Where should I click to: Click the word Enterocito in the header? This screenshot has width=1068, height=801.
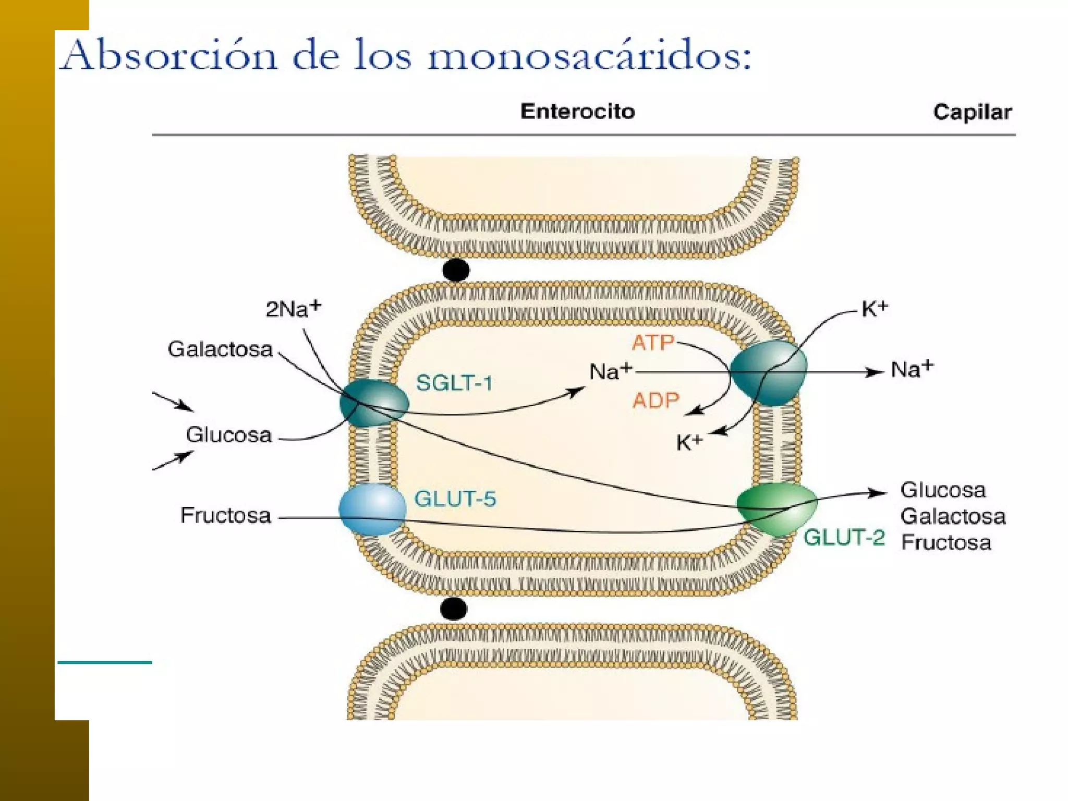[577, 112]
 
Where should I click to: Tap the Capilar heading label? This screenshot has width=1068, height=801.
[972, 112]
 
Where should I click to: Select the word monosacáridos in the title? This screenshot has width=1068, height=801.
[589, 56]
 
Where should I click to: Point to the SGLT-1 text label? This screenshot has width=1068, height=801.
[454, 383]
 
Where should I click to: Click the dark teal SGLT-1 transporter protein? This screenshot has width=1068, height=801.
[373, 403]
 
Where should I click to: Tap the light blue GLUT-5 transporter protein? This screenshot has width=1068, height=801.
[372, 509]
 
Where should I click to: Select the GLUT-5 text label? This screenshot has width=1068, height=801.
[455, 499]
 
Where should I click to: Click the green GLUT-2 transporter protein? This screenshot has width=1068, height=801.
[776, 508]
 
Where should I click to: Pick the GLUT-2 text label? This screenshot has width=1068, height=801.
[844, 537]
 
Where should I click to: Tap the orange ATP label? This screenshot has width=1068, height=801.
[653, 343]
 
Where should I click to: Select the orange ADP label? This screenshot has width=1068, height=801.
[656, 400]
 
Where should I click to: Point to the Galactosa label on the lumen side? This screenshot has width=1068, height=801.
[220, 349]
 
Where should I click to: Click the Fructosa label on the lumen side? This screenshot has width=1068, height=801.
[225, 515]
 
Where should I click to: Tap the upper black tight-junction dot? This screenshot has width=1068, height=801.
[456, 270]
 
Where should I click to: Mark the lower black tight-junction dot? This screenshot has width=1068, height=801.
[453, 609]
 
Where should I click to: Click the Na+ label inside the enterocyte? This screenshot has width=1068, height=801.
[610, 371]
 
